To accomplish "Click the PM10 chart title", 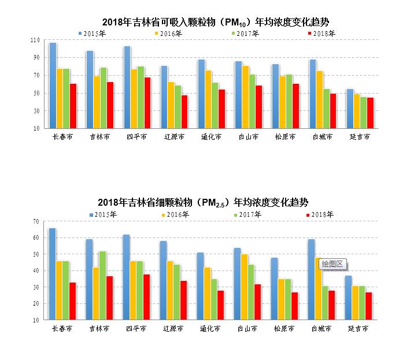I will tap(211, 23).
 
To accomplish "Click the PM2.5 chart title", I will tap(203, 202).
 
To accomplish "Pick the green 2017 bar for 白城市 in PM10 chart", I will tap(326, 108).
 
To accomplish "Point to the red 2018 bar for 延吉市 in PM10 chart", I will tap(370, 113).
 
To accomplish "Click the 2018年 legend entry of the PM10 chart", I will tap(321, 34).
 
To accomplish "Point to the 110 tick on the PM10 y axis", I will tap(36, 40).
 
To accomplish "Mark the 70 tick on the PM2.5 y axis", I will tap(36, 221).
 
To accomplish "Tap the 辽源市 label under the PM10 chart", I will tap(173, 137).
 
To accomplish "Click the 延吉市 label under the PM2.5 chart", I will tap(359, 328).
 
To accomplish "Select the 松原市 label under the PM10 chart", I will tap(284, 137).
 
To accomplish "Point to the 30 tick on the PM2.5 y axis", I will tap(36, 287).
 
